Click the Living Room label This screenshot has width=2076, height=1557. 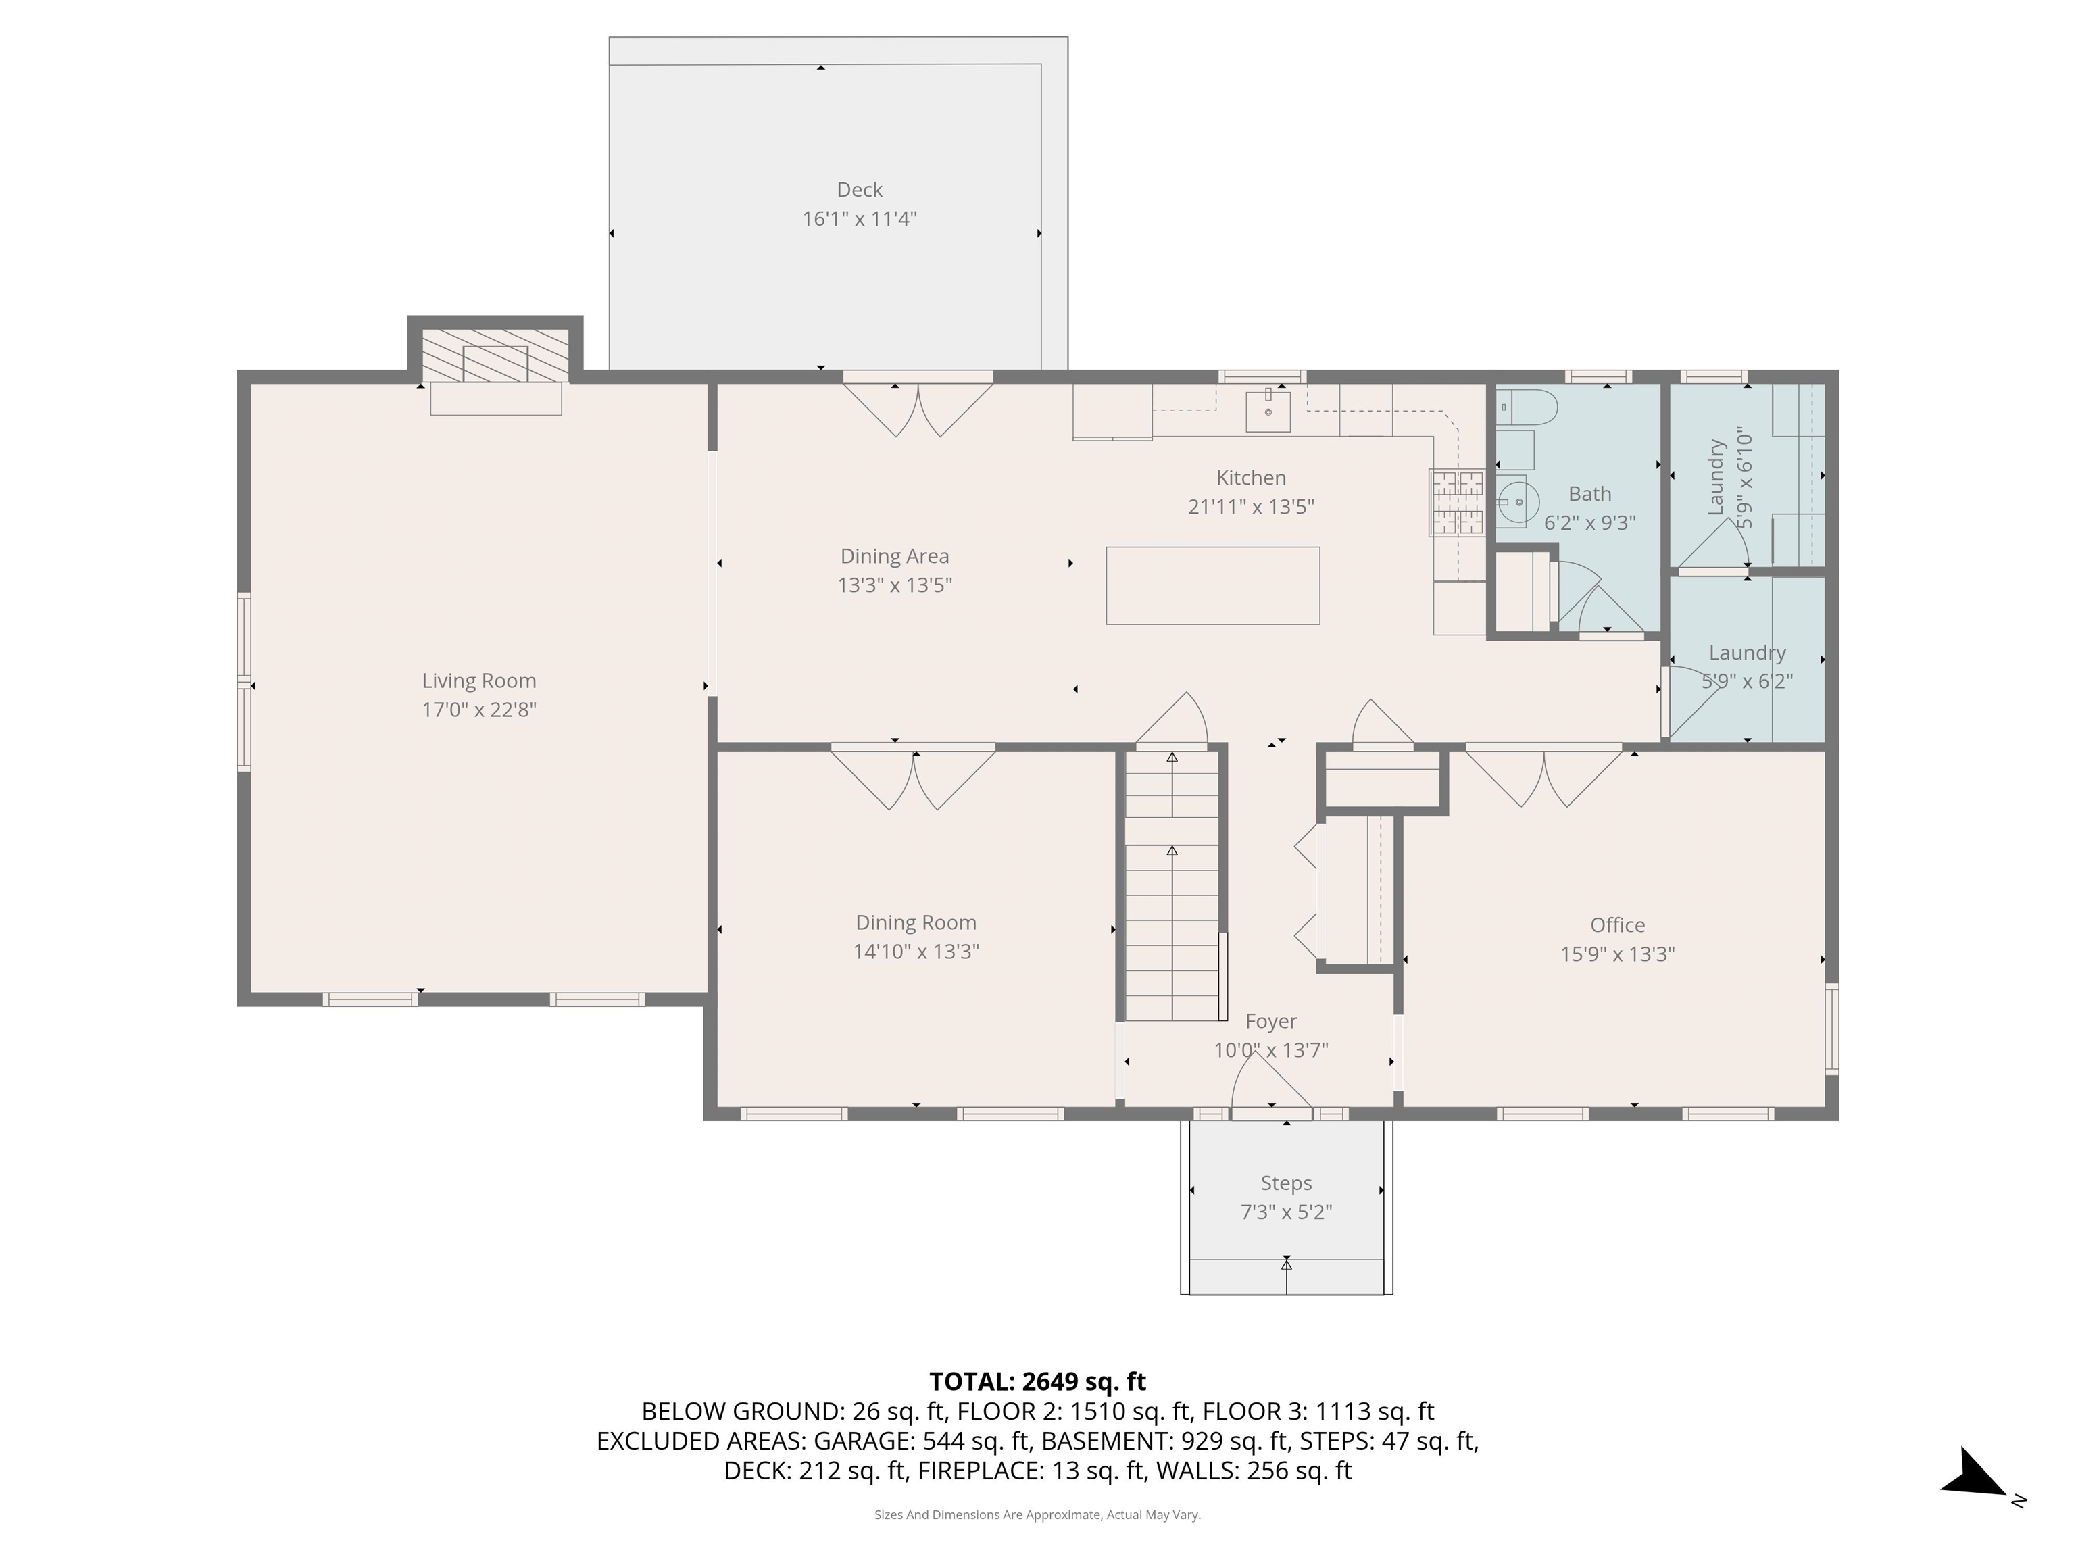[x=478, y=681]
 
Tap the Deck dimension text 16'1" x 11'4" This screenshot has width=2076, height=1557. [x=859, y=219]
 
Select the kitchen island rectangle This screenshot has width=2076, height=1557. [x=1212, y=586]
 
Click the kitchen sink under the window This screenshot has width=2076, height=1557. [x=1268, y=410]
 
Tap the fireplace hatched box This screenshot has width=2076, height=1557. [x=495, y=355]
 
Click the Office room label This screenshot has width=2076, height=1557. [x=1617, y=924]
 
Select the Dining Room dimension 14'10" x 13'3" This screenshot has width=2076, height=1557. [x=915, y=951]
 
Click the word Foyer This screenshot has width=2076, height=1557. [x=1270, y=1021]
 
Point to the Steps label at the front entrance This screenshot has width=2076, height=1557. [x=1286, y=1183]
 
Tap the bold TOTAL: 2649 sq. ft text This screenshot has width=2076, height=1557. [x=1037, y=1381]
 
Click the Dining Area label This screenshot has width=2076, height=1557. [x=895, y=557]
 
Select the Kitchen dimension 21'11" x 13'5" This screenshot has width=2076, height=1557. [x=1250, y=507]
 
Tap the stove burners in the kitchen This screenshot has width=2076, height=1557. [x=1456, y=501]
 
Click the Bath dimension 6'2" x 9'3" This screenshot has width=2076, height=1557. [x=1590, y=523]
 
